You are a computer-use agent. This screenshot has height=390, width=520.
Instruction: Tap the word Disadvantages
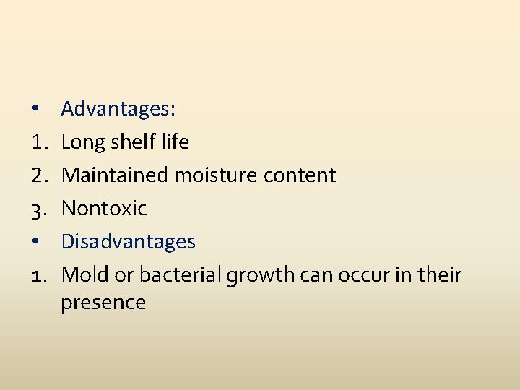[x=128, y=241]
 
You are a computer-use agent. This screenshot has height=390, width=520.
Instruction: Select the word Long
[x=84, y=143]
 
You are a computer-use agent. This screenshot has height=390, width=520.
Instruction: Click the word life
[x=175, y=142]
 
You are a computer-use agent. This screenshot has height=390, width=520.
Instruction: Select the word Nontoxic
[x=104, y=209]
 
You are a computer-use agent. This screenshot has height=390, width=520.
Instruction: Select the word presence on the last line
[x=103, y=303]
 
